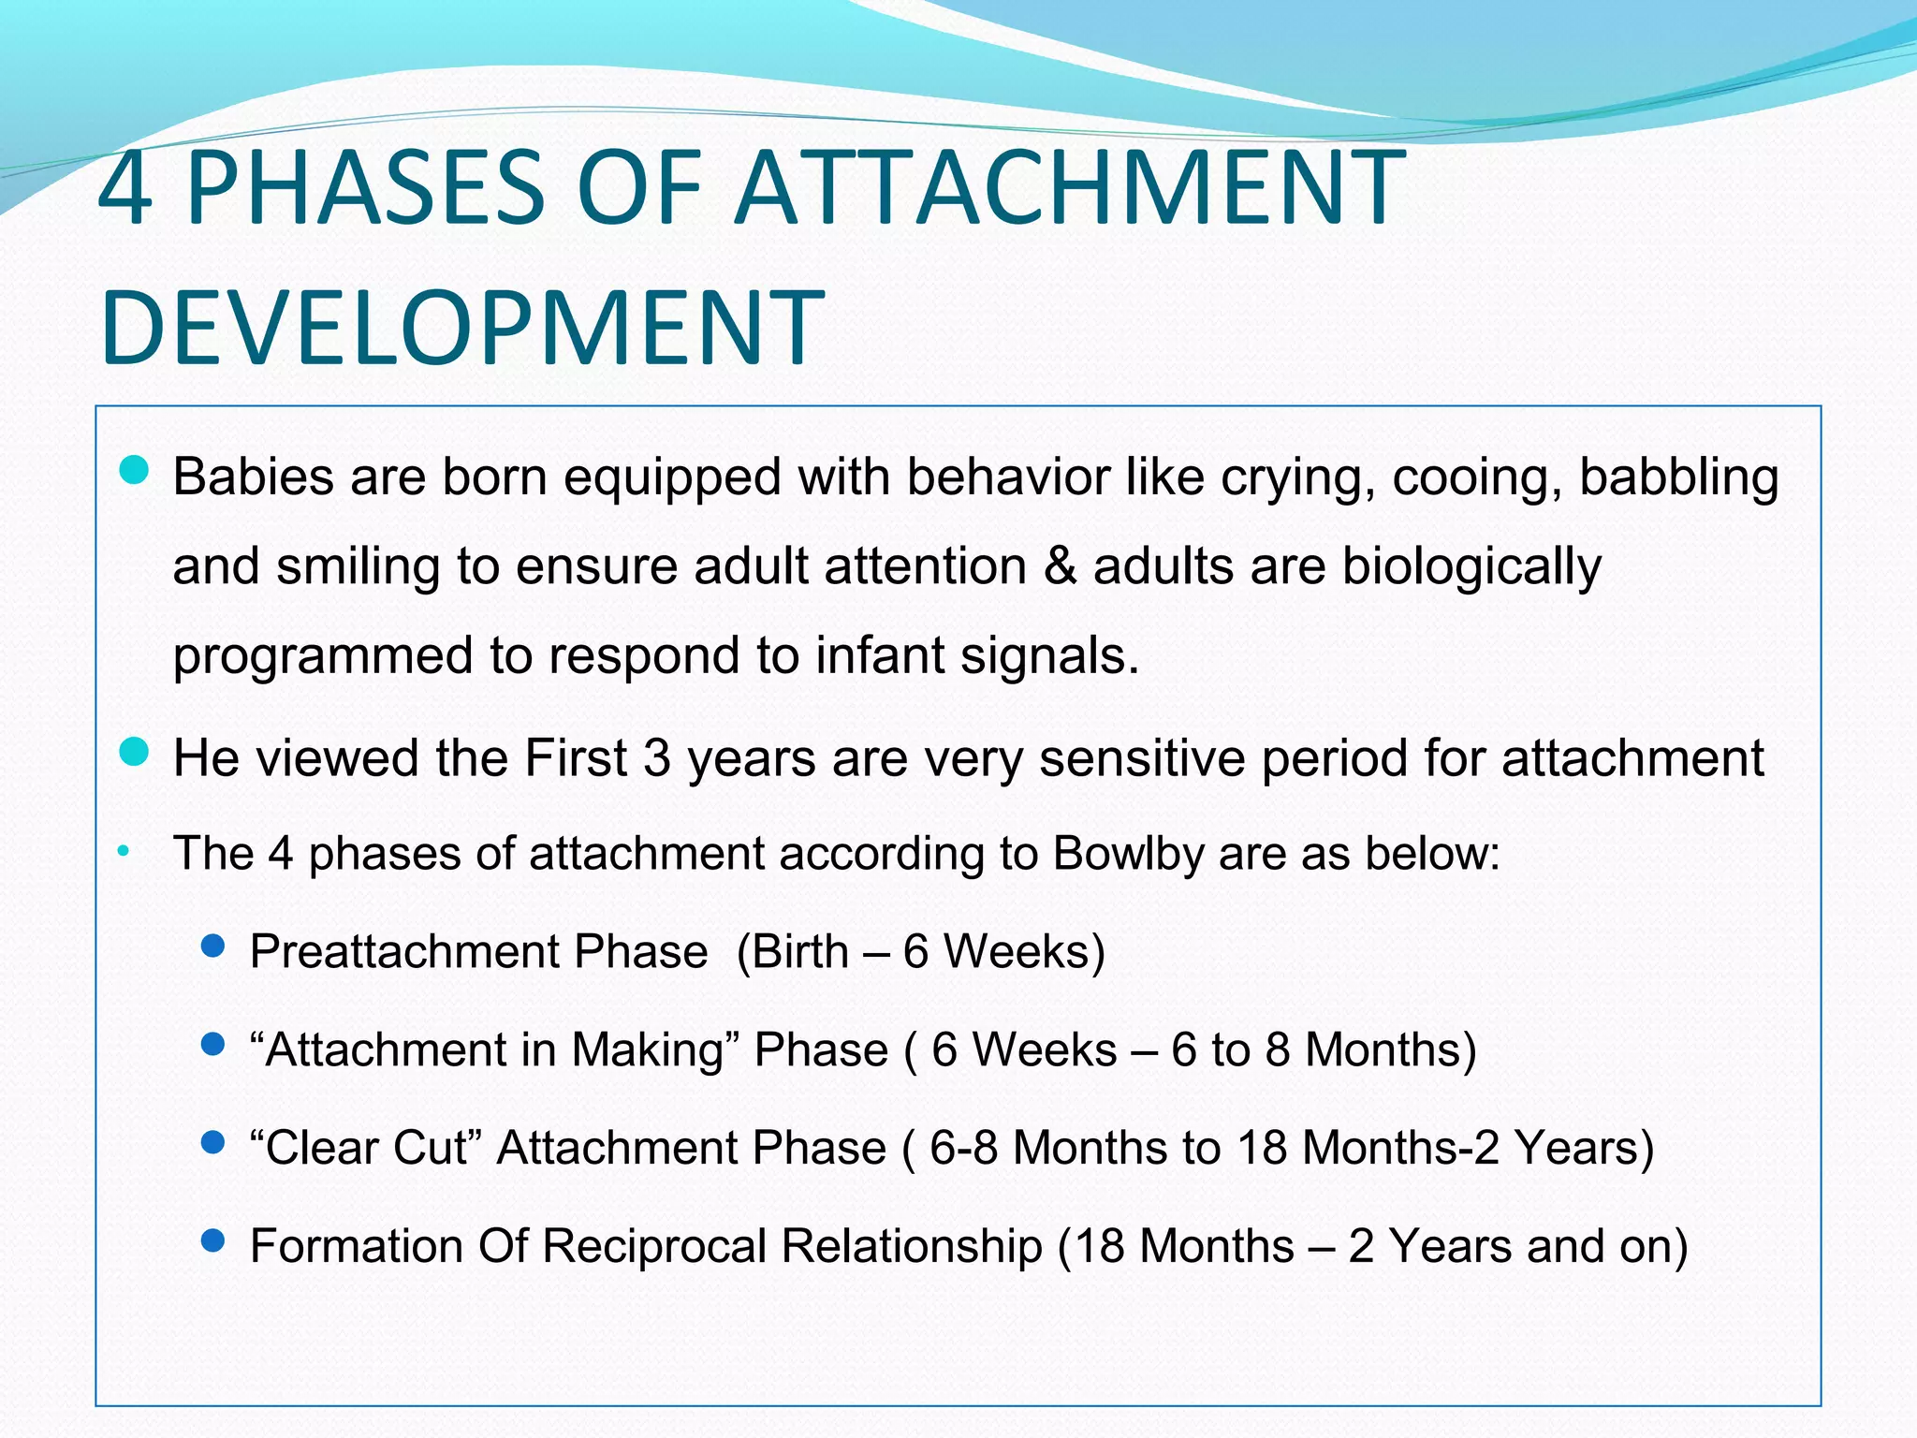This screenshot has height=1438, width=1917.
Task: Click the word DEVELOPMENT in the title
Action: pyautogui.click(x=461, y=329)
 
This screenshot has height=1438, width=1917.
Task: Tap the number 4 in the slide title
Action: pyautogui.click(x=124, y=189)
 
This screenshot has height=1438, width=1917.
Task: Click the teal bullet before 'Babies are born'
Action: pyautogui.click(x=135, y=470)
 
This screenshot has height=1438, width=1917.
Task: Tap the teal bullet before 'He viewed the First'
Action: pyautogui.click(x=135, y=751)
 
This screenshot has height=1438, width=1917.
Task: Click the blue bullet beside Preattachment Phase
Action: pyautogui.click(x=213, y=946)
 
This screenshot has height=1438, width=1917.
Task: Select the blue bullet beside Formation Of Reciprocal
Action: pyautogui.click(x=213, y=1240)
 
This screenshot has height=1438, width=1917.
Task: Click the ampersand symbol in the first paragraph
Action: pyautogui.click(x=1060, y=566)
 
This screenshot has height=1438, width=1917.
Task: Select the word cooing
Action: pyautogui.click(x=1476, y=478)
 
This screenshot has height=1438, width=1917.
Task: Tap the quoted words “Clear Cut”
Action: pyautogui.click(x=365, y=1148)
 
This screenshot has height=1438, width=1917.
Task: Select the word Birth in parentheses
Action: pyautogui.click(x=800, y=952)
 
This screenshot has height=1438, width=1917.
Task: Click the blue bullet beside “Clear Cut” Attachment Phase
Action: pyautogui.click(x=213, y=1142)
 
